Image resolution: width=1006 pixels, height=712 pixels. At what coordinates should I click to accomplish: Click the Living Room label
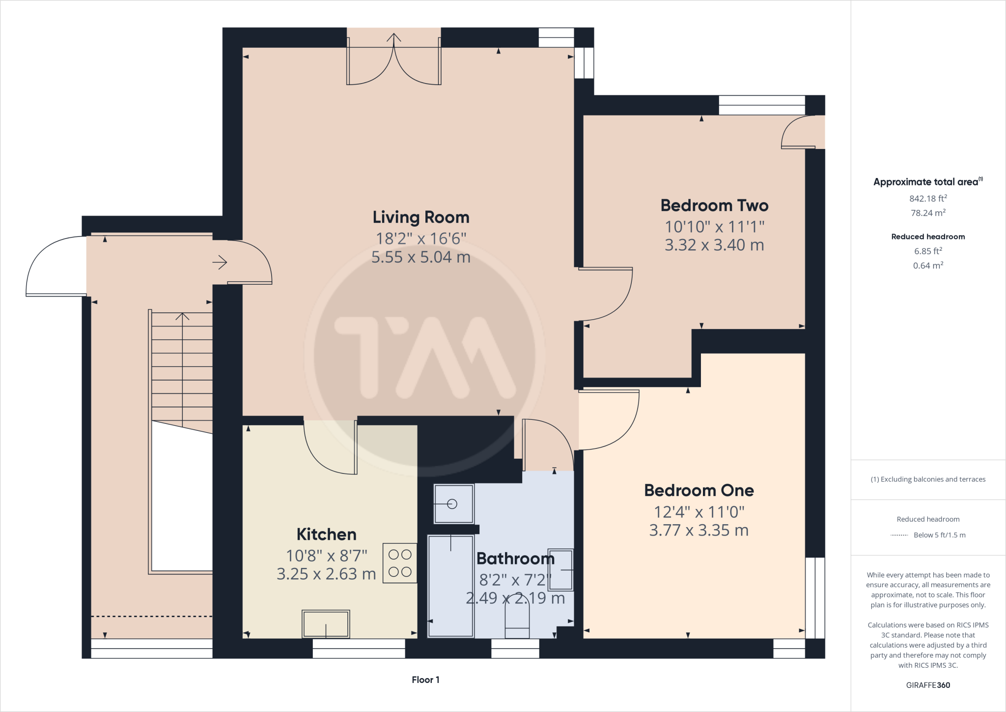click(420, 217)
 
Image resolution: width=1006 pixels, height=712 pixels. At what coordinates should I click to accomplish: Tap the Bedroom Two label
click(714, 206)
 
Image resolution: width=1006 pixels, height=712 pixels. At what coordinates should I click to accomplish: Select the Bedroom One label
click(699, 490)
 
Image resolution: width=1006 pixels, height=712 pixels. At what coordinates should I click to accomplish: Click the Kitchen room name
click(326, 534)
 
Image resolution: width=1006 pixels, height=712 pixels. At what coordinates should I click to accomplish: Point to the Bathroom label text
click(515, 559)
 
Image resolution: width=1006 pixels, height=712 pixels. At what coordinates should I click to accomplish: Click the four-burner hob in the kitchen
click(400, 563)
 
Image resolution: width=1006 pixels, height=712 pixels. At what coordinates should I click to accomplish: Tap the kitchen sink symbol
click(326, 624)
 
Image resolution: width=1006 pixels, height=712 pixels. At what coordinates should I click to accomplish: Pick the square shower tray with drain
click(453, 504)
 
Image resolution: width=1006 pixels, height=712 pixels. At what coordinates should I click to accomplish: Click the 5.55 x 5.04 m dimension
click(420, 257)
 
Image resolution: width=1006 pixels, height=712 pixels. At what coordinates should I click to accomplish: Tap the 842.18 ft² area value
click(928, 199)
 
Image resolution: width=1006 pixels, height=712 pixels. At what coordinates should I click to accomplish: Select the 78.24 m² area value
click(928, 213)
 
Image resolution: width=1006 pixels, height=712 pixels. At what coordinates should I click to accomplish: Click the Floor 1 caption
click(425, 680)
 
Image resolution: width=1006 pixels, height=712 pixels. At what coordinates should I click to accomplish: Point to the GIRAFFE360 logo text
click(928, 685)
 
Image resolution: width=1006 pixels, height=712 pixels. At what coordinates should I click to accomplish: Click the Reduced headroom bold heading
click(928, 237)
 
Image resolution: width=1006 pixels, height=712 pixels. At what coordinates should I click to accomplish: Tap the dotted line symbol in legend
click(899, 535)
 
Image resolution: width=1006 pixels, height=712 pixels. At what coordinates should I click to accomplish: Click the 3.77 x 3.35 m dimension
click(699, 531)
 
